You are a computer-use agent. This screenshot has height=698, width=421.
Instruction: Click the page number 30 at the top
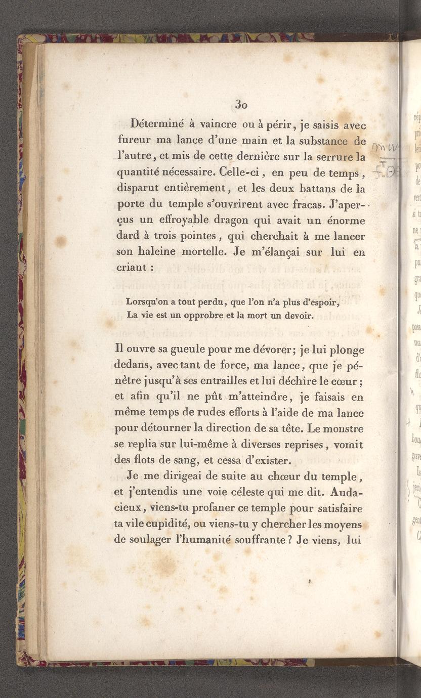tap(241, 104)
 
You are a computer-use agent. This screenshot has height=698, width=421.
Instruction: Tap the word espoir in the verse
tap(323, 303)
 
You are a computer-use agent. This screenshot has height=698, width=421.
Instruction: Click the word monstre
tap(343, 429)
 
